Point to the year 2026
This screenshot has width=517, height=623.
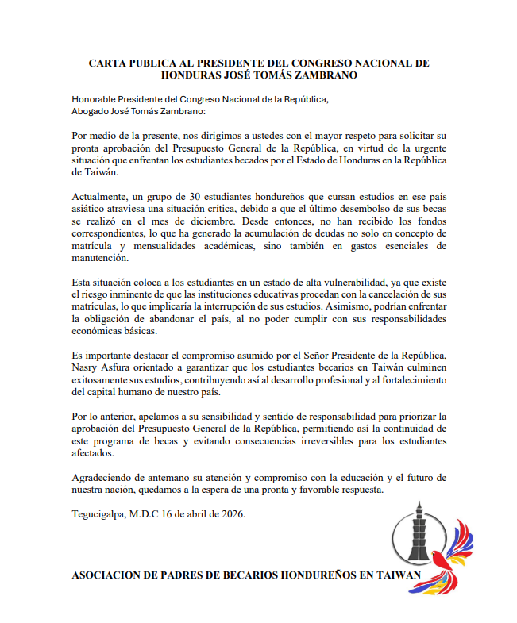[x=231, y=515]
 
